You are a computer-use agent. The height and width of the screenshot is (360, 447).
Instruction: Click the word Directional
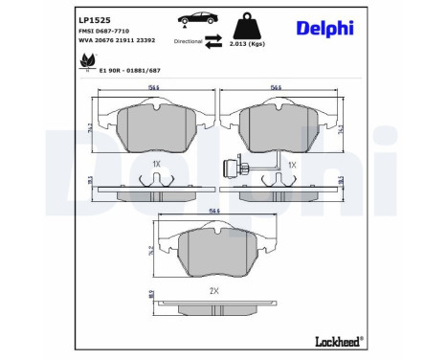point(189,43)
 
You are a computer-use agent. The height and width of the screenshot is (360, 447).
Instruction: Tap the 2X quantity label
point(214,289)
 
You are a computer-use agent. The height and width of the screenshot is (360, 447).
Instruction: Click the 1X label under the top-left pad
point(156,164)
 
